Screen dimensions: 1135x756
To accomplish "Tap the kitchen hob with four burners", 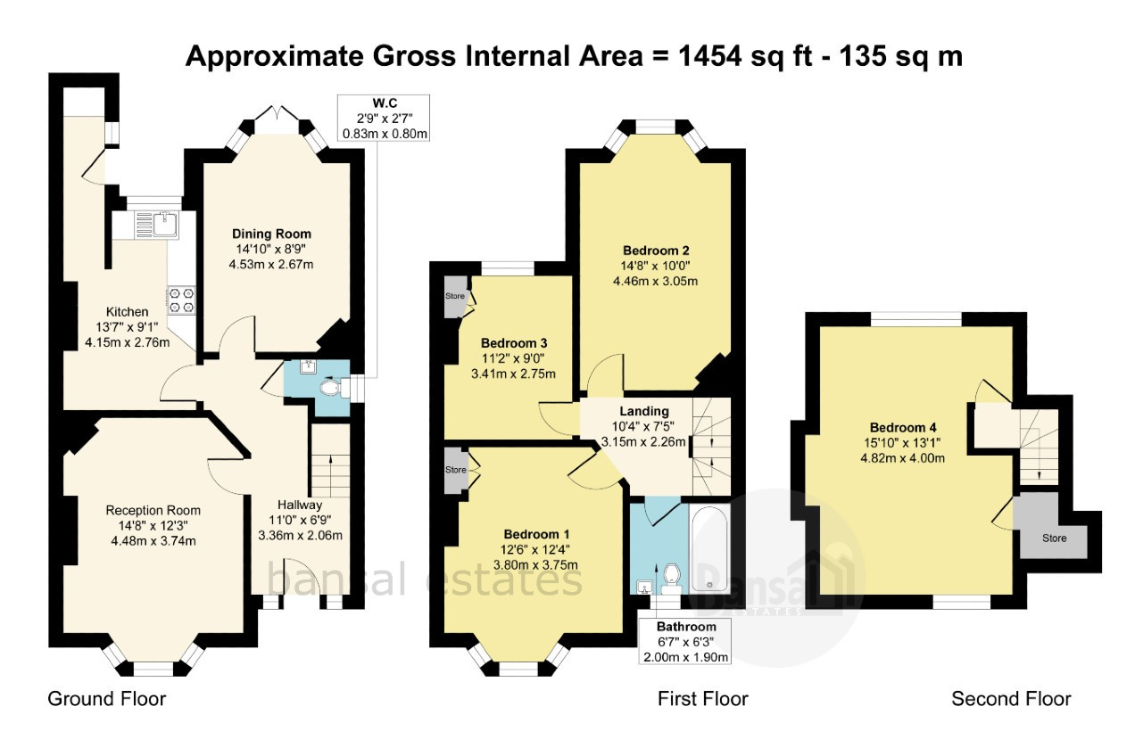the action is pyautogui.click(x=181, y=300).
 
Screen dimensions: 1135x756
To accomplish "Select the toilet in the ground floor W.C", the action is pyautogui.click(x=333, y=389).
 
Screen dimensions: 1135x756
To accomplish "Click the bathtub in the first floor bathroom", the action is pyautogui.click(x=710, y=548).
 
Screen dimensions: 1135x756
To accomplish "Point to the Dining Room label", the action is pyautogui.click(x=271, y=234).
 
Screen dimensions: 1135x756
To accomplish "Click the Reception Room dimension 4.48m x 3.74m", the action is pyautogui.click(x=153, y=541).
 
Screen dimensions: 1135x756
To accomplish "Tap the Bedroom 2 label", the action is pyautogui.click(x=656, y=251).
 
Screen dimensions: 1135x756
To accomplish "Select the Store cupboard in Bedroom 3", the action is pyautogui.click(x=456, y=296).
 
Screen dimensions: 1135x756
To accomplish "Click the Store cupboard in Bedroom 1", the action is pyautogui.click(x=456, y=470).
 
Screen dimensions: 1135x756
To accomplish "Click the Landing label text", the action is pyautogui.click(x=644, y=411).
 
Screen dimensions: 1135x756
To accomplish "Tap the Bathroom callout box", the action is pyautogui.click(x=685, y=641).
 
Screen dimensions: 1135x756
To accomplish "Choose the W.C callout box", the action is pyautogui.click(x=384, y=118).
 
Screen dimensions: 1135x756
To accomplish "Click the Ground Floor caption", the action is pyautogui.click(x=107, y=699).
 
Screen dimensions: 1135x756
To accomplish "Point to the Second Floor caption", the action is pyautogui.click(x=1011, y=699).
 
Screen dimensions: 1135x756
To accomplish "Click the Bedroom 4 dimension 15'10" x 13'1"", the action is pyautogui.click(x=902, y=442).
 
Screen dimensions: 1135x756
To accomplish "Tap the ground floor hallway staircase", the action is pyautogui.click(x=330, y=461).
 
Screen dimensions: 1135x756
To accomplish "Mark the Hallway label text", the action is pyautogui.click(x=300, y=505).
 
